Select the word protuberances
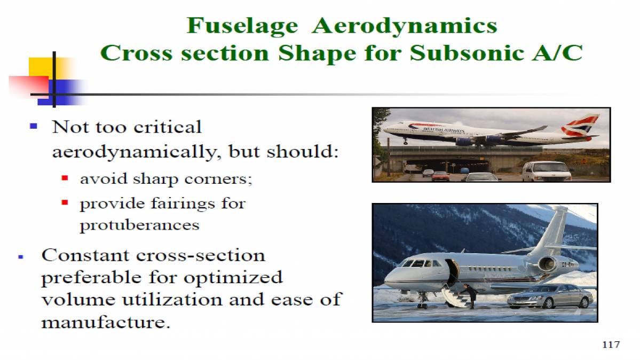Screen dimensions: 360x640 point(139,225)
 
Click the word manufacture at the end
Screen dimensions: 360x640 point(106,323)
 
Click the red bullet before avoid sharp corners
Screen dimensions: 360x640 point(65,178)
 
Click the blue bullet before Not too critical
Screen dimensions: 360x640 point(34,127)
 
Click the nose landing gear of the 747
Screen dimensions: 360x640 point(406,142)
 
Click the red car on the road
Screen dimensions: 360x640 point(441,176)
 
